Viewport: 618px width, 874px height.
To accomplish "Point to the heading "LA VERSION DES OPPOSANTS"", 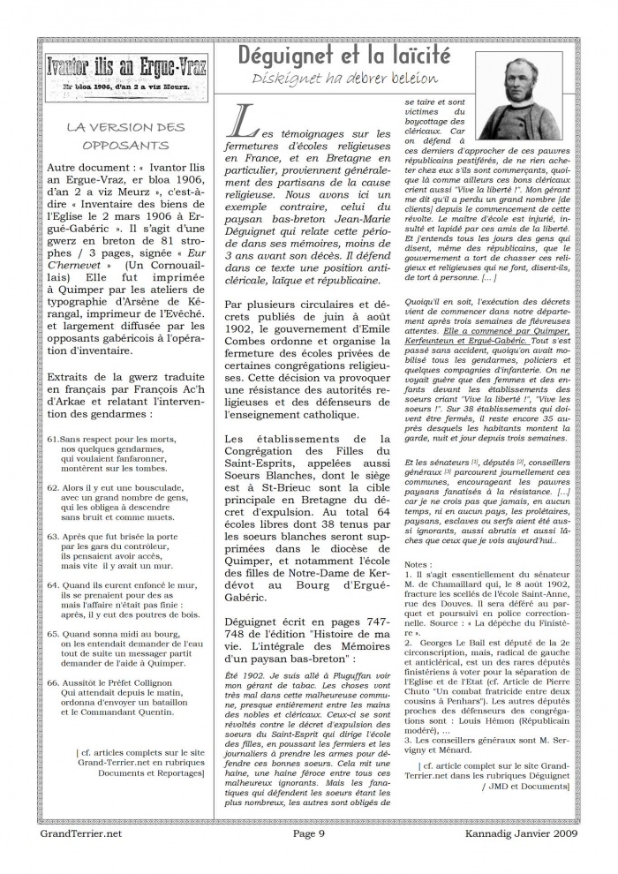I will coord(125,135).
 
